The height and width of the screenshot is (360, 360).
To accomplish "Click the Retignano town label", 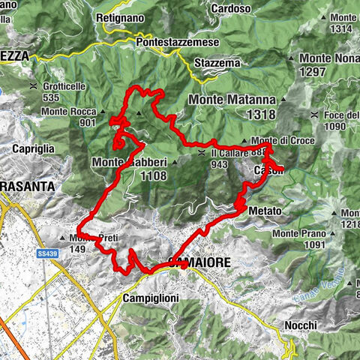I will point(117,16).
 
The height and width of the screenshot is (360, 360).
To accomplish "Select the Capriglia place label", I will point(33,149).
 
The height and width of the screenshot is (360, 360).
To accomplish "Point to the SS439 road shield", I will point(47,255).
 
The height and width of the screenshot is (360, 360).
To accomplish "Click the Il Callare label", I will point(229,153).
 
